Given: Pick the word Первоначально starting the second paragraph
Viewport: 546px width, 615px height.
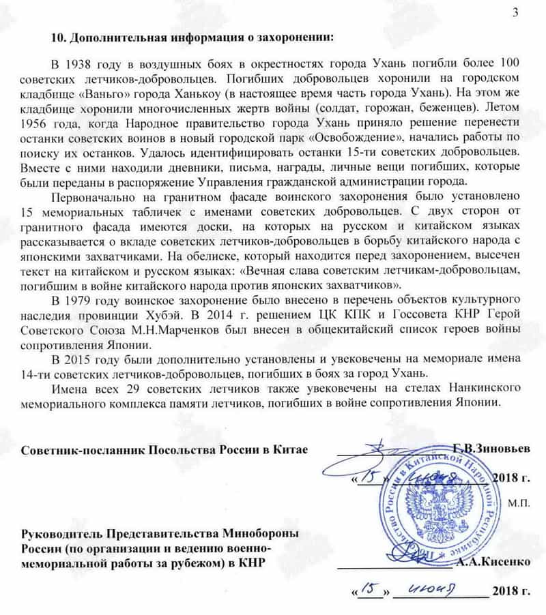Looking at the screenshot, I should coord(98,195).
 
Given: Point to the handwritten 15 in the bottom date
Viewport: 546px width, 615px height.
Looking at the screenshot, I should coord(367,588).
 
